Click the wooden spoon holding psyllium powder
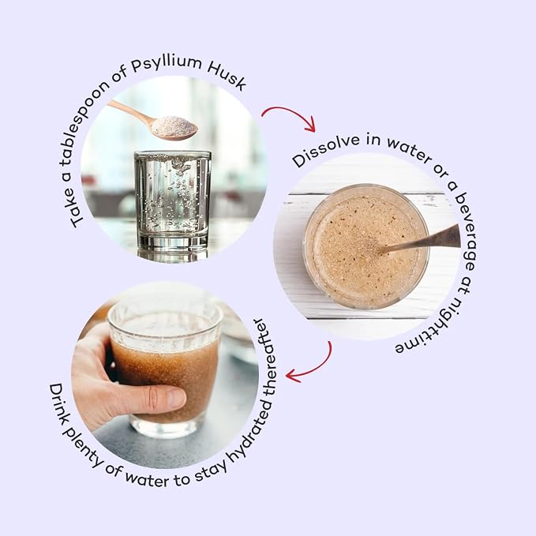154,121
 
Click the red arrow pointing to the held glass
313,369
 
